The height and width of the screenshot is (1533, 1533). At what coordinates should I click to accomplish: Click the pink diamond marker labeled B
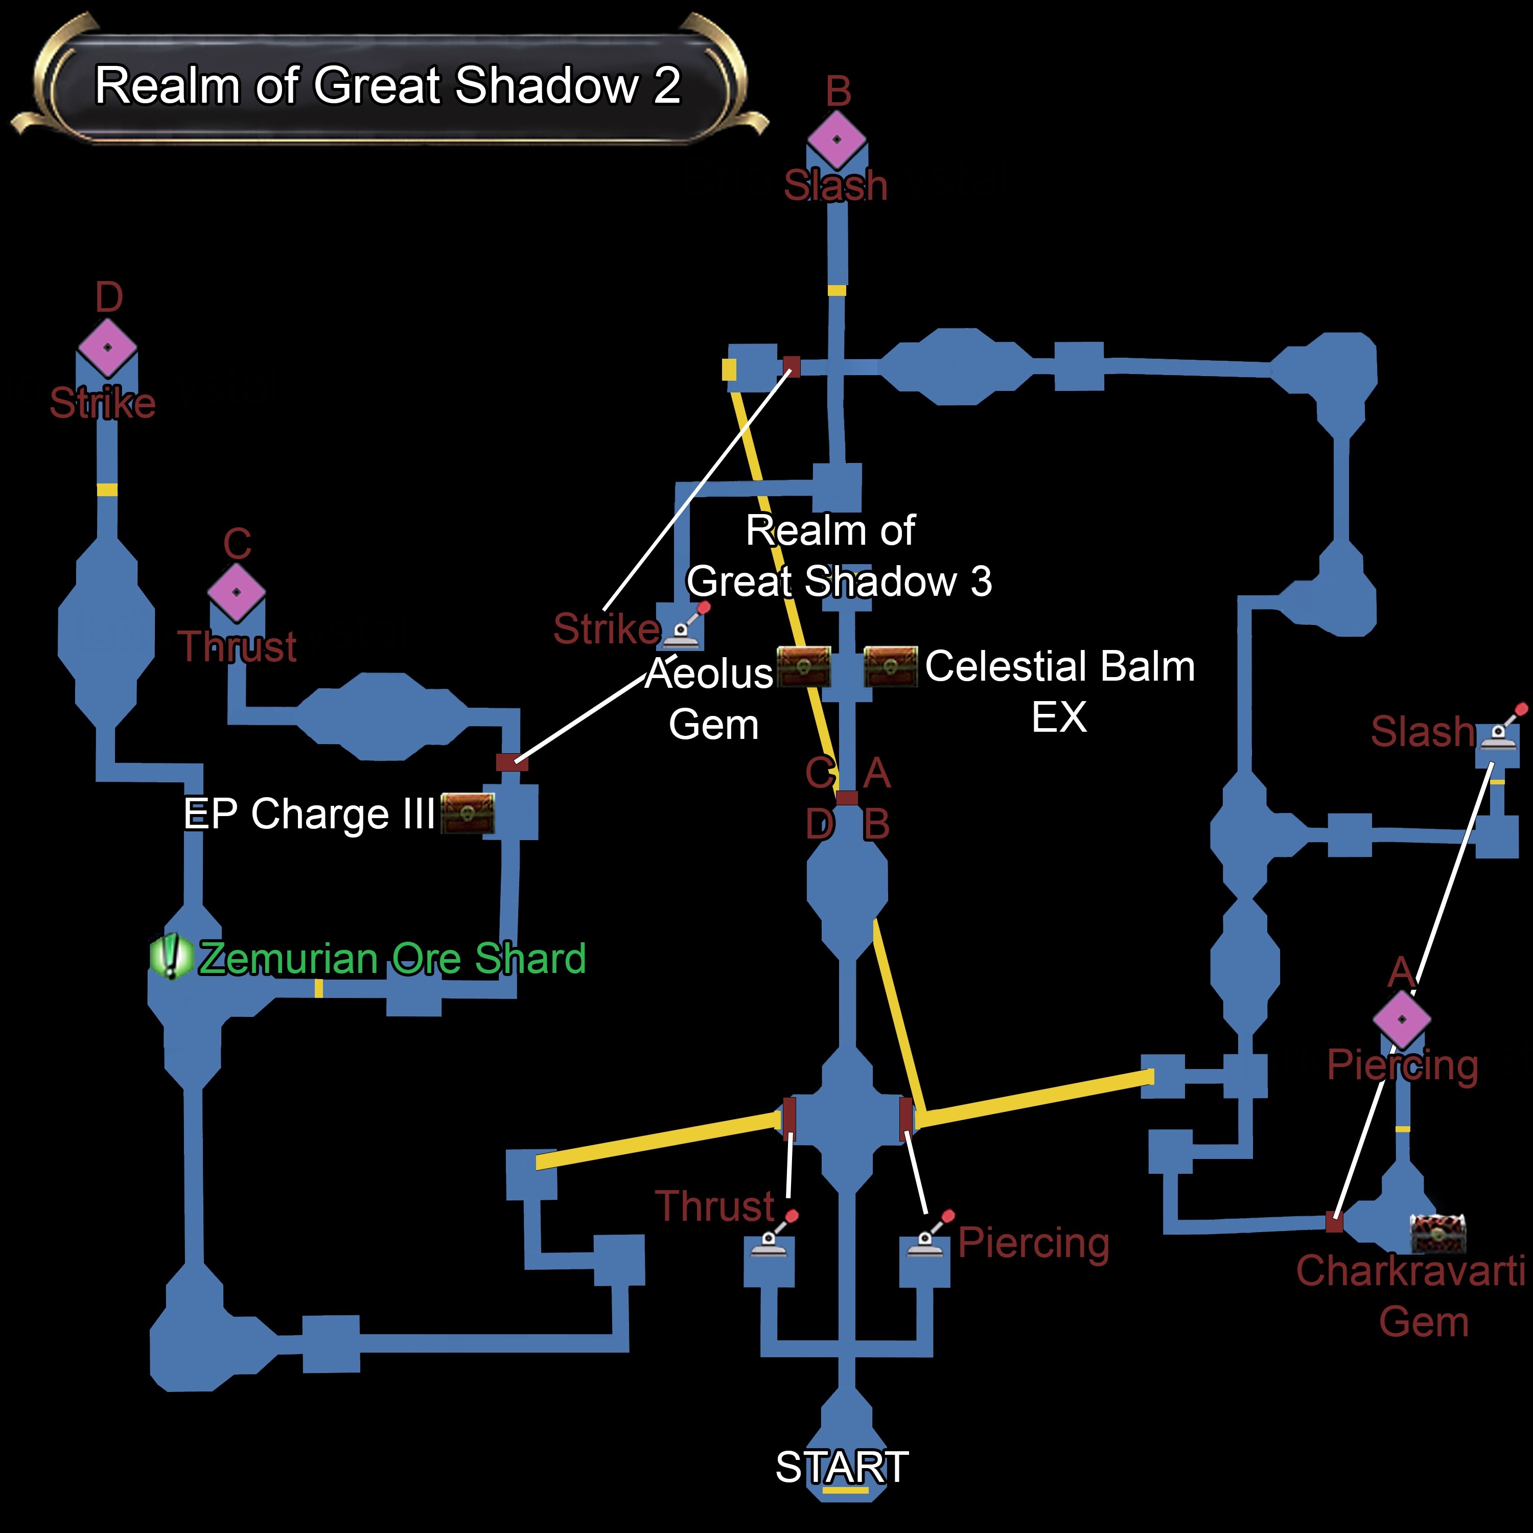837,140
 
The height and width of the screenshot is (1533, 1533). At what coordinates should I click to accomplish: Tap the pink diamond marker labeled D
107,347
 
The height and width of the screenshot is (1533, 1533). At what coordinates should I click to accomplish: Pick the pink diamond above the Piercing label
1402,1019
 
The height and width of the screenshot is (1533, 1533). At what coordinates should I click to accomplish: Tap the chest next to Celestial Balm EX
890,666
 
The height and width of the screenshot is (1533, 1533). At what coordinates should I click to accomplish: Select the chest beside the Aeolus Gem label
804,666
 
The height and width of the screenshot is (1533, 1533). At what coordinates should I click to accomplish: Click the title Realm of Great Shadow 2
387,86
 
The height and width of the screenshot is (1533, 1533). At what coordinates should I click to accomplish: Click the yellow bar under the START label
846,1490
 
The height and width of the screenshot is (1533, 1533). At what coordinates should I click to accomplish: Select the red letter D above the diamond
109,297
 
